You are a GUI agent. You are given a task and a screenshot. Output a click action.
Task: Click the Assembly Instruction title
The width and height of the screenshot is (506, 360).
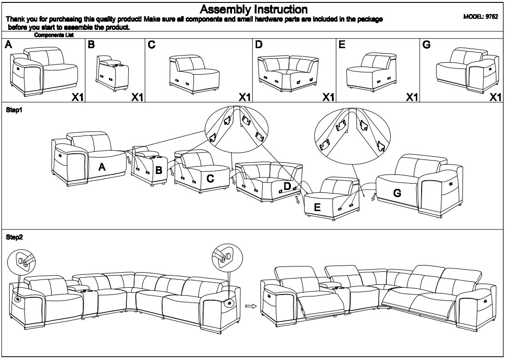click(253, 9)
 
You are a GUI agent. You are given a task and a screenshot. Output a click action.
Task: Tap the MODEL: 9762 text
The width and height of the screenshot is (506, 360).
click(480, 16)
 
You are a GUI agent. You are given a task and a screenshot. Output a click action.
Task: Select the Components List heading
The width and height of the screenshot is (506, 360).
click(54, 35)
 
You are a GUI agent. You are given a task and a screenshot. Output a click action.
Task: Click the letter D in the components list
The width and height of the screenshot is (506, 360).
click(259, 45)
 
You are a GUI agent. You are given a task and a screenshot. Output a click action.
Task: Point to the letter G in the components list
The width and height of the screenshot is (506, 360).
click(426, 45)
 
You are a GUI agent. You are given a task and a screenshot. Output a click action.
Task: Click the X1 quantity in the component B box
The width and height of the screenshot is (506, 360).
click(137, 97)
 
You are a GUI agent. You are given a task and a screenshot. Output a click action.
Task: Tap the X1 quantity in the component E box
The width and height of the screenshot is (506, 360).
click(411, 97)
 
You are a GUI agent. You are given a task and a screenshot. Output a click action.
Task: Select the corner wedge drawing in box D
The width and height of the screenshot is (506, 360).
click(288, 71)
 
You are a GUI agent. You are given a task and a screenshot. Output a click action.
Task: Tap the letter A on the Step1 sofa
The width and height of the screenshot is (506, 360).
click(102, 167)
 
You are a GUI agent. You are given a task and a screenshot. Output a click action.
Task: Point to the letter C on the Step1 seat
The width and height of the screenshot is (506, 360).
click(210, 179)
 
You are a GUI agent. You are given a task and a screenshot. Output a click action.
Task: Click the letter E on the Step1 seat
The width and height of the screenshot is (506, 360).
click(317, 207)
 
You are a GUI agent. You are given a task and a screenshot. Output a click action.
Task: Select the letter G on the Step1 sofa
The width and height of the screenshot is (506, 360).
click(397, 193)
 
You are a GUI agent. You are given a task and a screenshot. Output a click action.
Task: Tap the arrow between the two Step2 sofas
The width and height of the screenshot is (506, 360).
click(250, 305)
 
